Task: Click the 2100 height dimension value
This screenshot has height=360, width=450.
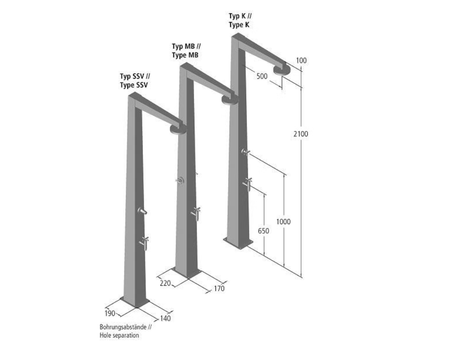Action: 301,134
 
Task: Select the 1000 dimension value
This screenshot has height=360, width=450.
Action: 283,221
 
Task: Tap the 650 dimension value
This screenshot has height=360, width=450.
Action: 263,230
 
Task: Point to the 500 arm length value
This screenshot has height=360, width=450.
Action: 262,76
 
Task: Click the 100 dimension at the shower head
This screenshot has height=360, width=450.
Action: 301,60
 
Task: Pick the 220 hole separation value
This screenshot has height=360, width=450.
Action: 165,283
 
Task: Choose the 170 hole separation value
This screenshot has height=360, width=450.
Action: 219,288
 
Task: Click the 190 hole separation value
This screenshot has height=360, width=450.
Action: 110,313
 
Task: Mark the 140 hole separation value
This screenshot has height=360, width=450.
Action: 165,318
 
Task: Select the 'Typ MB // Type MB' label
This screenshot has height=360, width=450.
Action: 186,50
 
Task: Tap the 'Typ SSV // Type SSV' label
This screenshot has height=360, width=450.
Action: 135,81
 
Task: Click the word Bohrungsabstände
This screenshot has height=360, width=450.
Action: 123,327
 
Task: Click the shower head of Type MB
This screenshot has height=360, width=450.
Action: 229,99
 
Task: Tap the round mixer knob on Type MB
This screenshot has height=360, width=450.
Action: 180,180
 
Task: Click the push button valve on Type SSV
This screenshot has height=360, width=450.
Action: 142,211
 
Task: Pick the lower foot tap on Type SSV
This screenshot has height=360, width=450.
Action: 144,243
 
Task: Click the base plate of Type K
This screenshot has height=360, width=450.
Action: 238,243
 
